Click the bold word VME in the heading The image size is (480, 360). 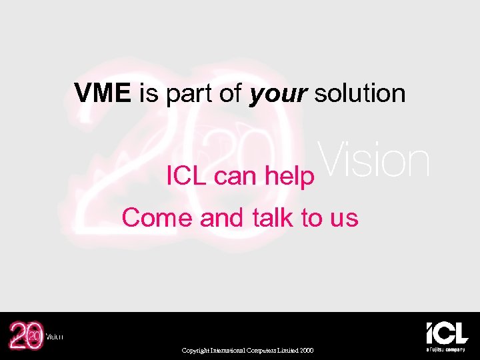[103, 93]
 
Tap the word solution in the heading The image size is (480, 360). [359, 93]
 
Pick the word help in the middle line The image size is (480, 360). [289, 177]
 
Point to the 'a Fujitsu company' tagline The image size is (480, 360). [447, 349]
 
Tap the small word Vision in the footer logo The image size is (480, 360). [54, 337]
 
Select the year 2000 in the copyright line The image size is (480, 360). [306, 351]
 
